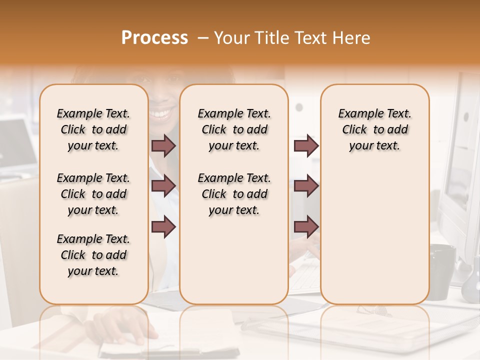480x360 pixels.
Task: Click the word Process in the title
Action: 154,38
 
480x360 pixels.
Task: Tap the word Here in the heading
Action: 349,38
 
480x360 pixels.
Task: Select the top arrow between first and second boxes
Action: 163,146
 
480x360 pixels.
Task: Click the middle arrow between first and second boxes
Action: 163,186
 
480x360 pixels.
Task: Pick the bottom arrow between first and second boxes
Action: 163,226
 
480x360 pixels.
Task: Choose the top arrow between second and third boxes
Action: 306,146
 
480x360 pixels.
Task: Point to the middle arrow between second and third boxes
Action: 306,186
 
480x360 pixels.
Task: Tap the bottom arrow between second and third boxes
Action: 306,226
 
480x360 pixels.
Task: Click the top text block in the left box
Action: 93,129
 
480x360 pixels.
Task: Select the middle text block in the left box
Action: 93,194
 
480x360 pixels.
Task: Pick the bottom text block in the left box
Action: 93,255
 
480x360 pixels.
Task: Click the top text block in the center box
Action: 234,129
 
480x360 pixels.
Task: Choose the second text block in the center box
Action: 234,194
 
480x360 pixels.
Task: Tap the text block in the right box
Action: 375,129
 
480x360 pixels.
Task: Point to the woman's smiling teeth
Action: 160,113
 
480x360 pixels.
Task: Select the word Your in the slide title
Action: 232,38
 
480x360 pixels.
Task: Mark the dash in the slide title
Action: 202,38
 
